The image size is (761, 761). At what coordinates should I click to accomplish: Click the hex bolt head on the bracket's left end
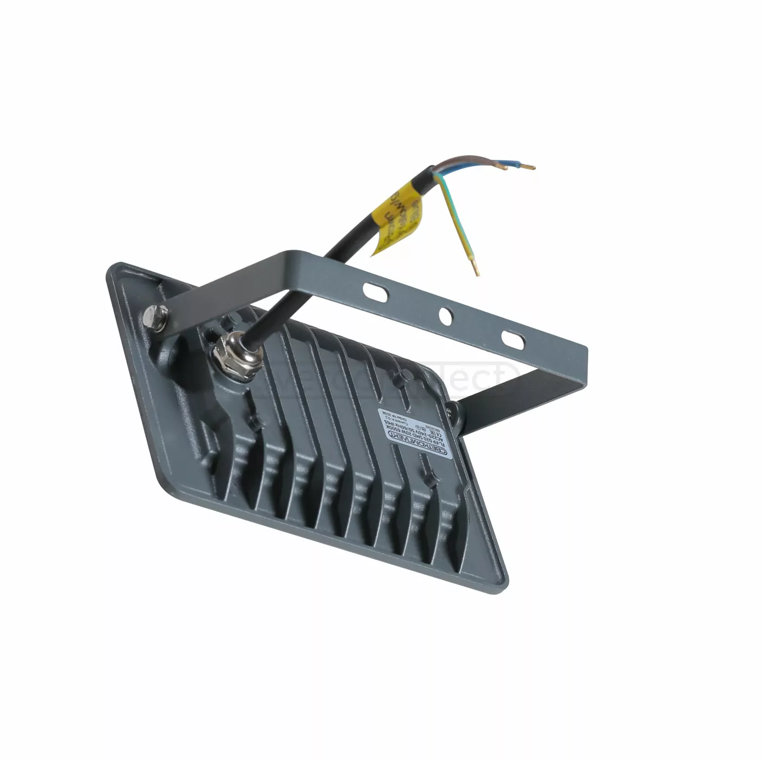155,317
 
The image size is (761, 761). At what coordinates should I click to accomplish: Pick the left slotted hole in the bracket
375,291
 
